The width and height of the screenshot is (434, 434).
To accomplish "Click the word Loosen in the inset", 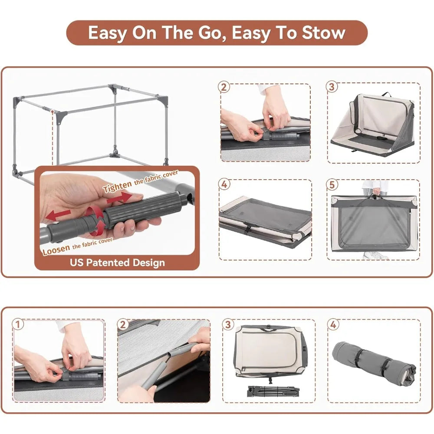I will pos(56,251).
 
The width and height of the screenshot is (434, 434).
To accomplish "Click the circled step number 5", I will pos(332,184).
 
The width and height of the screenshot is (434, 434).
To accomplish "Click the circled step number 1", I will pos(18,324).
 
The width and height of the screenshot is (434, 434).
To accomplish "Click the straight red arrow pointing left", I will pos(58,214).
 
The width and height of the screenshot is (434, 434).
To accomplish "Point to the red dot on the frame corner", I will pos(52,112).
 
